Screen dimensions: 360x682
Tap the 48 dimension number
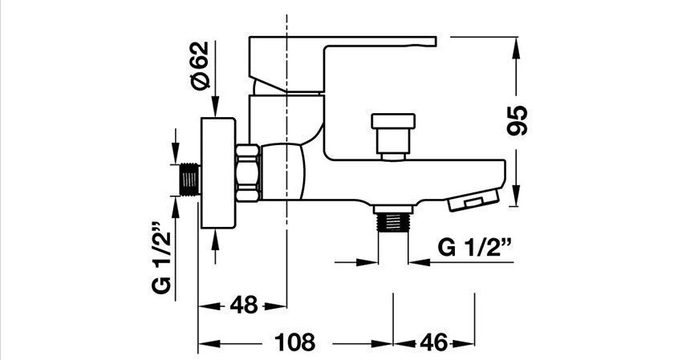point(242,305)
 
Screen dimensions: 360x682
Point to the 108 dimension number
point(296,343)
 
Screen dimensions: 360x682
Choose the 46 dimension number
point(434,343)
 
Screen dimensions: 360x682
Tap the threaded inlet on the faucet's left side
point(189,178)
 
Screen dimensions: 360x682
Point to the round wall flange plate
point(217,172)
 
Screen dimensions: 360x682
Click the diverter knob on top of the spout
point(393,132)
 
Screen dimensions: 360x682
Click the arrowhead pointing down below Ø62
point(216,111)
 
